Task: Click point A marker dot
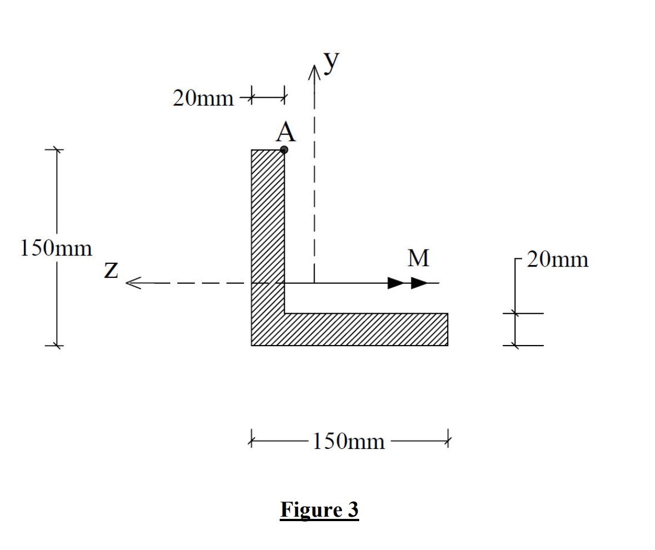pyautogui.click(x=284, y=149)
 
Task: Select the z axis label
pyautogui.click(x=111, y=271)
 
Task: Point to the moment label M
pyautogui.click(x=418, y=258)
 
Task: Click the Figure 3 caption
pyautogui.click(x=319, y=509)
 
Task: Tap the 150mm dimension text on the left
pyautogui.click(x=56, y=248)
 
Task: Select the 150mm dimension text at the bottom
pyautogui.click(x=349, y=441)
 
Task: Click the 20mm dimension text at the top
pyautogui.click(x=203, y=99)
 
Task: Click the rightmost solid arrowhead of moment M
pyautogui.click(x=420, y=283)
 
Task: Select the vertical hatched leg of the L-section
pyautogui.click(x=268, y=222)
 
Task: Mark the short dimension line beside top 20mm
pyautogui.click(x=267, y=99)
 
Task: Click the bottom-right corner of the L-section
pyautogui.click(x=448, y=346)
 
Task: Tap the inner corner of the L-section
pyautogui.click(x=285, y=313)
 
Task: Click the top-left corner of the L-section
pyautogui.click(x=252, y=150)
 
